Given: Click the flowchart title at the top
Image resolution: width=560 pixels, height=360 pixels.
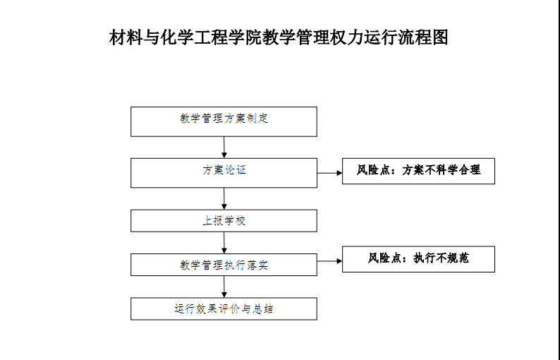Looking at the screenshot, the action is [x=279, y=37].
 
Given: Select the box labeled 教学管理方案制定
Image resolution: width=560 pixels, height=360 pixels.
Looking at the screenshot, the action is [x=224, y=121].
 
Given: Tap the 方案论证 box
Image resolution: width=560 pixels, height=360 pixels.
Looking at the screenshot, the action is [x=224, y=173].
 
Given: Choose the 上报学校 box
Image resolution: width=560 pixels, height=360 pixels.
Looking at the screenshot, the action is [x=224, y=220].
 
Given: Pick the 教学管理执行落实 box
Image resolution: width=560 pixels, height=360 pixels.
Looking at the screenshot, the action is [x=224, y=265].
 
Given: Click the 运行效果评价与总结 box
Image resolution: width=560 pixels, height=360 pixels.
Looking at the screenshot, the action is [x=224, y=308].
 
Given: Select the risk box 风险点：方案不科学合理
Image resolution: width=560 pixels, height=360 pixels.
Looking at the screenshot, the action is [x=418, y=171].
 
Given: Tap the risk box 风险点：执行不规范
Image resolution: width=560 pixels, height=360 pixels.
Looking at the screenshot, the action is [x=418, y=259].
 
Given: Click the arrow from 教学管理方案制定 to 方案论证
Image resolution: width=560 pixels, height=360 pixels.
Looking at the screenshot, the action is [x=224, y=148].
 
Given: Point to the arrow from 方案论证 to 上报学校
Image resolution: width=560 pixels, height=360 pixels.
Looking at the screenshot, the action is [x=224, y=199].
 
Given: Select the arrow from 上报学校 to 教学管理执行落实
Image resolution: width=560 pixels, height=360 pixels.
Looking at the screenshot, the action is [x=224, y=243].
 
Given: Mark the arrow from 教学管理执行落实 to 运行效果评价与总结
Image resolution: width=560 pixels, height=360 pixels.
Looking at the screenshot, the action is [x=224, y=287].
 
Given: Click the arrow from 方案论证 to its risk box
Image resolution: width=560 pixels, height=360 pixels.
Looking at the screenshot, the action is [x=329, y=173].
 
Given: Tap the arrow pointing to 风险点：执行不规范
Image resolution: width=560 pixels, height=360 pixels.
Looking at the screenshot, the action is [x=329, y=261].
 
